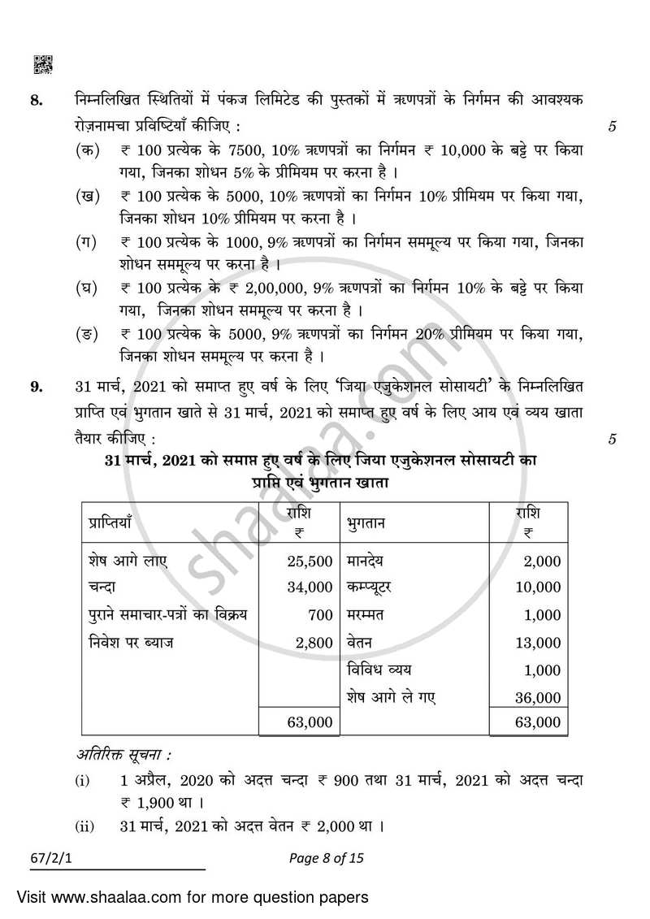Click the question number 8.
tap(36, 101)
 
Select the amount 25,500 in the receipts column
tap(310, 561)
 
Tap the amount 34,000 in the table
tap(310, 587)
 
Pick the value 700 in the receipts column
tap(321, 614)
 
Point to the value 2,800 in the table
tap(314, 642)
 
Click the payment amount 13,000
tap(538, 643)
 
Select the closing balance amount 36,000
tap(538, 697)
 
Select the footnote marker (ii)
tap(84, 827)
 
